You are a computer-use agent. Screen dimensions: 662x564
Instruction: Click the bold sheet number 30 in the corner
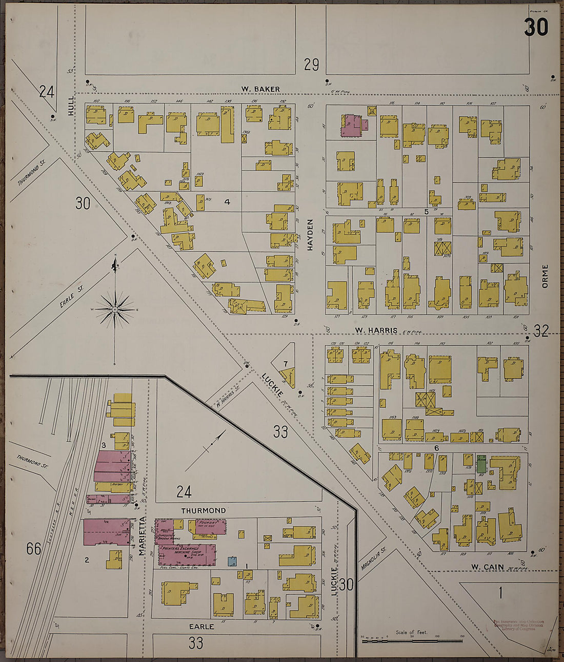(x=536, y=28)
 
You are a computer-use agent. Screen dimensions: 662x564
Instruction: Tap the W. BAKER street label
(x=261, y=89)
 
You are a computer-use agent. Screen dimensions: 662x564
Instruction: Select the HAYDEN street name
(x=310, y=235)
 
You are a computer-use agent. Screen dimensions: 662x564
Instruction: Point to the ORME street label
(x=545, y=276)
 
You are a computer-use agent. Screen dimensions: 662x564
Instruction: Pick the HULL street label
(x=70, y=108)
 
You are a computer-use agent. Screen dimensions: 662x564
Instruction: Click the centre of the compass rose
(x=115, y=309)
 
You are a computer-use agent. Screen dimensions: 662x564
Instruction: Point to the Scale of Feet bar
(x=412, y=640)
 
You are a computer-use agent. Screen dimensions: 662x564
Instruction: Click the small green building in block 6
(x=481, y=464)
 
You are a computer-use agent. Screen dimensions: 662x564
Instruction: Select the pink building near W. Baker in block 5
(x=351, y=126)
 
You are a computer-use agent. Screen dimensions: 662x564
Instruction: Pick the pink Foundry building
(x=210, y=527)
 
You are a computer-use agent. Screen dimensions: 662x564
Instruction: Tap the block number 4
(x=227, y=202)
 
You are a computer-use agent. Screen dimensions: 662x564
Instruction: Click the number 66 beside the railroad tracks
(x=34, y=549)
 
